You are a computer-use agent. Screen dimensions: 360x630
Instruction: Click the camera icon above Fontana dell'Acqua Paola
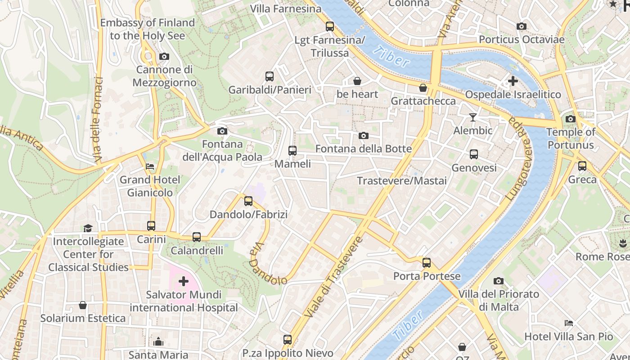(222, 131)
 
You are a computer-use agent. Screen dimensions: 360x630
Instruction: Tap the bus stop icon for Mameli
(292, 151)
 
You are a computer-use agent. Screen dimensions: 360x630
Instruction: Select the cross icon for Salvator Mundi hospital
(184, 282)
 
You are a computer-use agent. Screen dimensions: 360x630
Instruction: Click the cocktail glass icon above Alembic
(472, 117)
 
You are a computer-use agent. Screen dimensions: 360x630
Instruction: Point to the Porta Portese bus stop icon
(426, 263)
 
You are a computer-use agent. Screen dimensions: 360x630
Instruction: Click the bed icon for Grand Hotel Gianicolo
(150, 166)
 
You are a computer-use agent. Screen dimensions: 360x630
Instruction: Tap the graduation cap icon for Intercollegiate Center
(88, 228)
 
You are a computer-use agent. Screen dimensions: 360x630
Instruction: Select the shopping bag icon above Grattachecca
(423, 88)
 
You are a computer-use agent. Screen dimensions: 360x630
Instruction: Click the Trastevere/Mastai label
(401, 181)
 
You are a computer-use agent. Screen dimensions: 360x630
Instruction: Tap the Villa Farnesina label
(286, 9)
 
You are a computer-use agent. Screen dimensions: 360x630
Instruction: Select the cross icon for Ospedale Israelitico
(513, 81)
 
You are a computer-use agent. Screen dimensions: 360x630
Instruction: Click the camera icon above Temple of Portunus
(570, 119)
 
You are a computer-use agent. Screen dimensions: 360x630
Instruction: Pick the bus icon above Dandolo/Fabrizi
(248, 201)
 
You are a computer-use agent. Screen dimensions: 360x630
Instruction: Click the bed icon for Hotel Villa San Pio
(569, 323)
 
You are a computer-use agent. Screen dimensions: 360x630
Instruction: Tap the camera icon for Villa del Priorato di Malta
(498, 281)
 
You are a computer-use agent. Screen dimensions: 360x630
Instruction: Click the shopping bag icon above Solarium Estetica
(83, 305)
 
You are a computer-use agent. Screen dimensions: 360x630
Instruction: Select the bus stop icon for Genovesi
(473, 154)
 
